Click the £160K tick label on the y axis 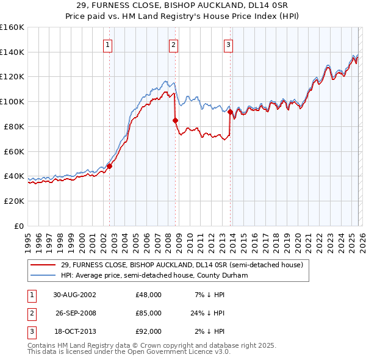pos(12,27)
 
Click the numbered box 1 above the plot pos(108,44)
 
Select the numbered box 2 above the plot pos(174,44)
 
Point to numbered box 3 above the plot pos(228,44)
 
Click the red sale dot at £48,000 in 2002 pos(110,166)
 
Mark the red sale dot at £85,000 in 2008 pos(175,120)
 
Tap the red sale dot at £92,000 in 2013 pos(230,112)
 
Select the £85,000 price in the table pos(148,313)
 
